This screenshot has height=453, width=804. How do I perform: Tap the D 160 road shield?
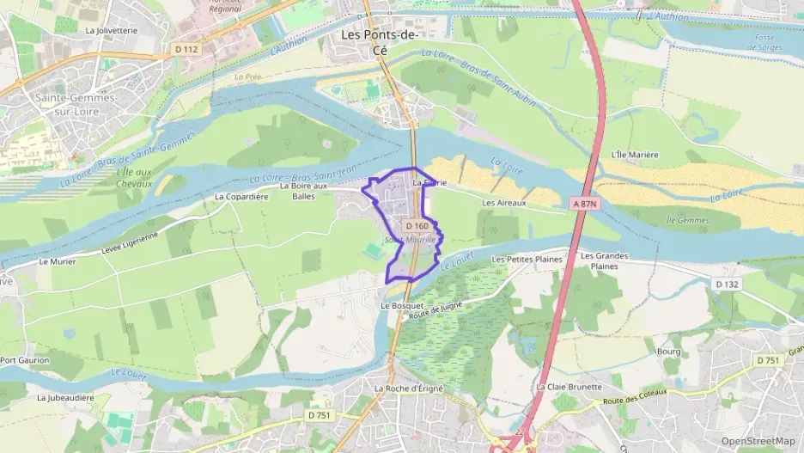(417, 226)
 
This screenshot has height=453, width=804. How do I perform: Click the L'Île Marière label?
(634, 155)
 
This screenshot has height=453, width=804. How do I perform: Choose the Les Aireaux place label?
(503, 203)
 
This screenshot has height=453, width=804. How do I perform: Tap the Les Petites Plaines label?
(527, 259)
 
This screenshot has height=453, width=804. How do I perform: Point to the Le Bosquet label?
(402, 305)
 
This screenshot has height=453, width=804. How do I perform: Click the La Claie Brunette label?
(569, 387)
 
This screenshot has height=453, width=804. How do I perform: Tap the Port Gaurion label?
(25, 360)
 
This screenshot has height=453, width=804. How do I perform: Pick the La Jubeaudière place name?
(65, 398)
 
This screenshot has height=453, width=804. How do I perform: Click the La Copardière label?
(241, 196)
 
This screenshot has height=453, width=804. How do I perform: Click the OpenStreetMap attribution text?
(758, 441)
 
